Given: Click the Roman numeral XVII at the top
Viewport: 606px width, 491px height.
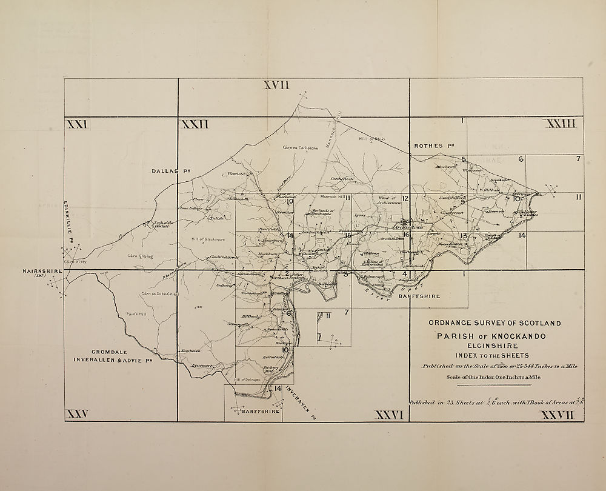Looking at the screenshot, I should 277,85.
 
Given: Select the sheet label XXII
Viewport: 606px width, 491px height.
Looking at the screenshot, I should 195,124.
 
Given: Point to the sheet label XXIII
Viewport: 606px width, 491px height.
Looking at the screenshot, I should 561,124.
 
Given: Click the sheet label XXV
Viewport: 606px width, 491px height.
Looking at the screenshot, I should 78,414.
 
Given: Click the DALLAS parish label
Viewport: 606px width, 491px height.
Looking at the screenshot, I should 167,172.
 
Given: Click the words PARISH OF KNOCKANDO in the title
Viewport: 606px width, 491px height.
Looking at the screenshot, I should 491,336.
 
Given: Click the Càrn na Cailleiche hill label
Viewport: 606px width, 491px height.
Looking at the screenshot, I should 301,147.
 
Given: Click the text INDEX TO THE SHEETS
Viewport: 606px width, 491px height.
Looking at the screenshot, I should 491,355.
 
